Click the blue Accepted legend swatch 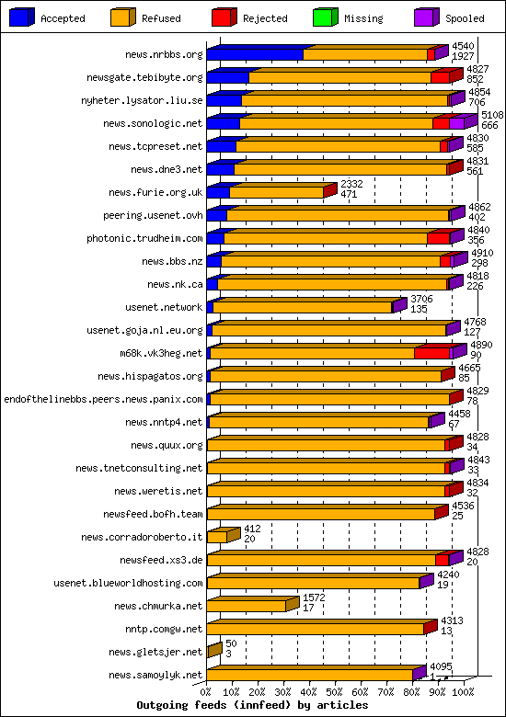[21, 17]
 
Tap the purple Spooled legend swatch [426, 17]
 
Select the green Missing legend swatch [326, 17]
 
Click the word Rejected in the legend [265, 18]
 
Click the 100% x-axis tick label [463, 692]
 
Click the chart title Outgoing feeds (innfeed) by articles [252, 705]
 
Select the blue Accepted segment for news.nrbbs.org [255, 55]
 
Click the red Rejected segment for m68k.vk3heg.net [431, 353]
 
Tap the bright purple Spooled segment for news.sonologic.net [456, 123]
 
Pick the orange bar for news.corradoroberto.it [217, 537]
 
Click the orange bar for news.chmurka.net [247, 606]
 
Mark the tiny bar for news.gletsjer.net [214, 650]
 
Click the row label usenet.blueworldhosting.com [128, 583]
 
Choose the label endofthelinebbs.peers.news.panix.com [103, 399]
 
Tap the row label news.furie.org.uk [155, 192]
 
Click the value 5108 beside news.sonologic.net [492, 115]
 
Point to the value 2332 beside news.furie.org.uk [351, 184]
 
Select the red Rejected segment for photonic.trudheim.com [438, 238]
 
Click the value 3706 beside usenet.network [421, 299]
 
